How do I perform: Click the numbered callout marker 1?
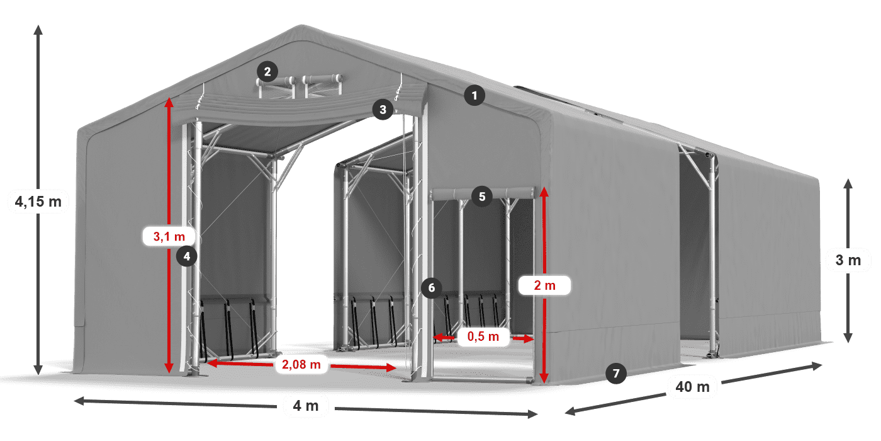tap(474, 96)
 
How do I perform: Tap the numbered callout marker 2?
tap(267, 71)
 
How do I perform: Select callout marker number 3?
tap(383, 110)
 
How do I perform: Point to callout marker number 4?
tap(187, 256)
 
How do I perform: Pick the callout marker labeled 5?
tap(481, 197)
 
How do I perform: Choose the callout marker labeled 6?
tap(431, 288)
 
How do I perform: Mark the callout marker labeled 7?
tap(616, 373)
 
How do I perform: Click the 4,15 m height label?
tap(38, 202)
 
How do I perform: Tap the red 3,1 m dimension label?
tap(169, 237)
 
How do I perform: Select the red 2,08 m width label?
tap(301, 364)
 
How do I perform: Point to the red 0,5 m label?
tap(483, 337)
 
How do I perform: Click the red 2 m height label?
tap(544, 285)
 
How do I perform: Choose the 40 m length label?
tap(693, 386)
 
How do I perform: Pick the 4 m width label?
tap(306, 406)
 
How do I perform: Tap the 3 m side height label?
tap(848, 260)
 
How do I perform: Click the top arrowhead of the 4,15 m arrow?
tap(38, 29)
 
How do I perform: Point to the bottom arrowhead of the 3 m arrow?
tap(848, 338)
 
